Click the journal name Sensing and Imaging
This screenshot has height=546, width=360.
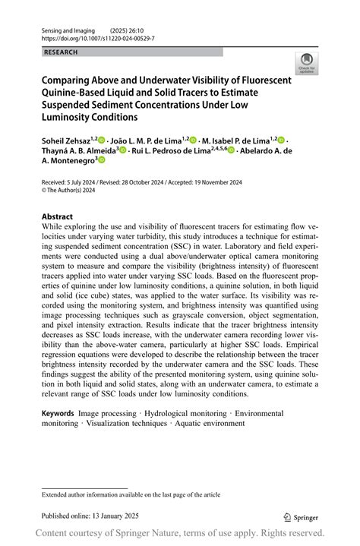67,28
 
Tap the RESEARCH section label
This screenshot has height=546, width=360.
62,52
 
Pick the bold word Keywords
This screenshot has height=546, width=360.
58,414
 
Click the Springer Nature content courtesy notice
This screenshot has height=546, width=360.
180,532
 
